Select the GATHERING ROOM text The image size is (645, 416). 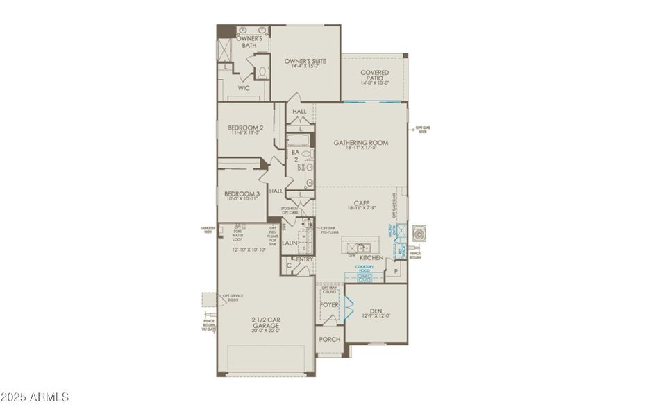(x=360, y=144)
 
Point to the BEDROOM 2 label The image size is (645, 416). (x=245, y=128)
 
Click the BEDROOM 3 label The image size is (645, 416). (x=240, y=194)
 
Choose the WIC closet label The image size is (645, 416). (x=244, y=89)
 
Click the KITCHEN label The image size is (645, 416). (x=371, y=257)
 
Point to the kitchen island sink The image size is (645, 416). (x=362, y=246)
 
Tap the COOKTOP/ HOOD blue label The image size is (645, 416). (x=365, y=268)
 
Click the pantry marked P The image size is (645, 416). (x=396, y=272)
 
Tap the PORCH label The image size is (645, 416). (x=329, y=340)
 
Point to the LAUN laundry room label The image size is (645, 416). (x=290, y=243)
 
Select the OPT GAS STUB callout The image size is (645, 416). (x=423, y=129)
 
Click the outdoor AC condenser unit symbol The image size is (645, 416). (x=420, y=234)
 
